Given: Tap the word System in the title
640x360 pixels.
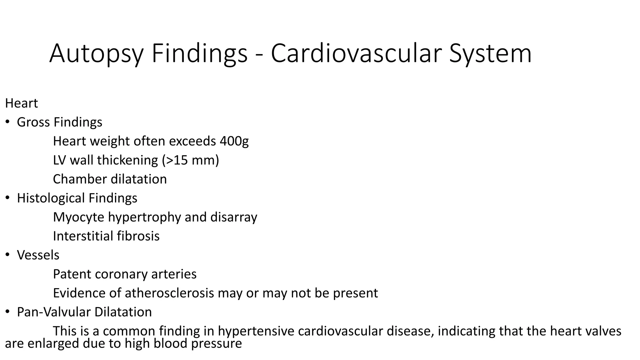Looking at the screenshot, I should click(490, 54).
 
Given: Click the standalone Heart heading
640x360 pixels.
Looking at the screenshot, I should click(21, 103).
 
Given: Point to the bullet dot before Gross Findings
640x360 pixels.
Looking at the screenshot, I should click(7, 122).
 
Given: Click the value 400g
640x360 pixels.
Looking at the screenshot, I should click(234, 141).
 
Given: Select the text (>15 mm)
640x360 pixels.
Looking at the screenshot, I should click(190, 160).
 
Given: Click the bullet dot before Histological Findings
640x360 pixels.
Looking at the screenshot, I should click(7, 198).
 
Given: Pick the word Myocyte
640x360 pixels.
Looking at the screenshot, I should click(78, 217).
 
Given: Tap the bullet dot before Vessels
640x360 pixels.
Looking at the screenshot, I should click(7, 255).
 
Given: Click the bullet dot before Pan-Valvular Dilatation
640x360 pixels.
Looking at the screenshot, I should click(7, 312).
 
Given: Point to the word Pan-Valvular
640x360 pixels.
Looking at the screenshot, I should click(54, 312).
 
